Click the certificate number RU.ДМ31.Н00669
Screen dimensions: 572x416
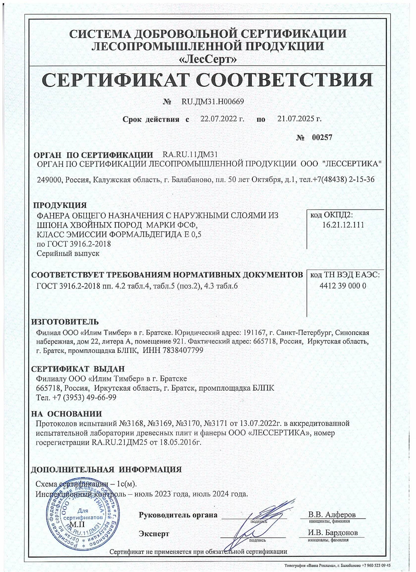click(x=213, y=102)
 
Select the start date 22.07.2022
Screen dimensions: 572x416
click(x=219, y=119)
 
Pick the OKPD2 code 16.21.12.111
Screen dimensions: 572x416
click(x=343, y=225)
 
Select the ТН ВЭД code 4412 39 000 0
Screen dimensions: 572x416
click(x=343, y=286)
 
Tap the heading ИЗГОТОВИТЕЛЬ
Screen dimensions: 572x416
click(x=65, y=322)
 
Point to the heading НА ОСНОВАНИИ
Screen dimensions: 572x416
click(x=67, y=414)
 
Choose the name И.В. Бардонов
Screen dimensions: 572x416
click(x=333, y=533)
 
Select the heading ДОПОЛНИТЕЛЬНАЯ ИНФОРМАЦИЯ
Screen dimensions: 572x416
click(x=106, y=470)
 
